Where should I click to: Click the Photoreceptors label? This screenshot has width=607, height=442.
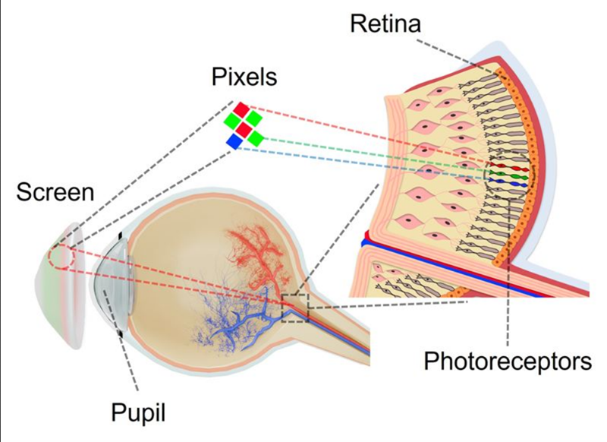click(508, 361)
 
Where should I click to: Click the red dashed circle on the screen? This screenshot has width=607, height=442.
click(61, 257)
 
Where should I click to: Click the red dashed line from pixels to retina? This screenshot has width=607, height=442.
click(364, 134)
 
